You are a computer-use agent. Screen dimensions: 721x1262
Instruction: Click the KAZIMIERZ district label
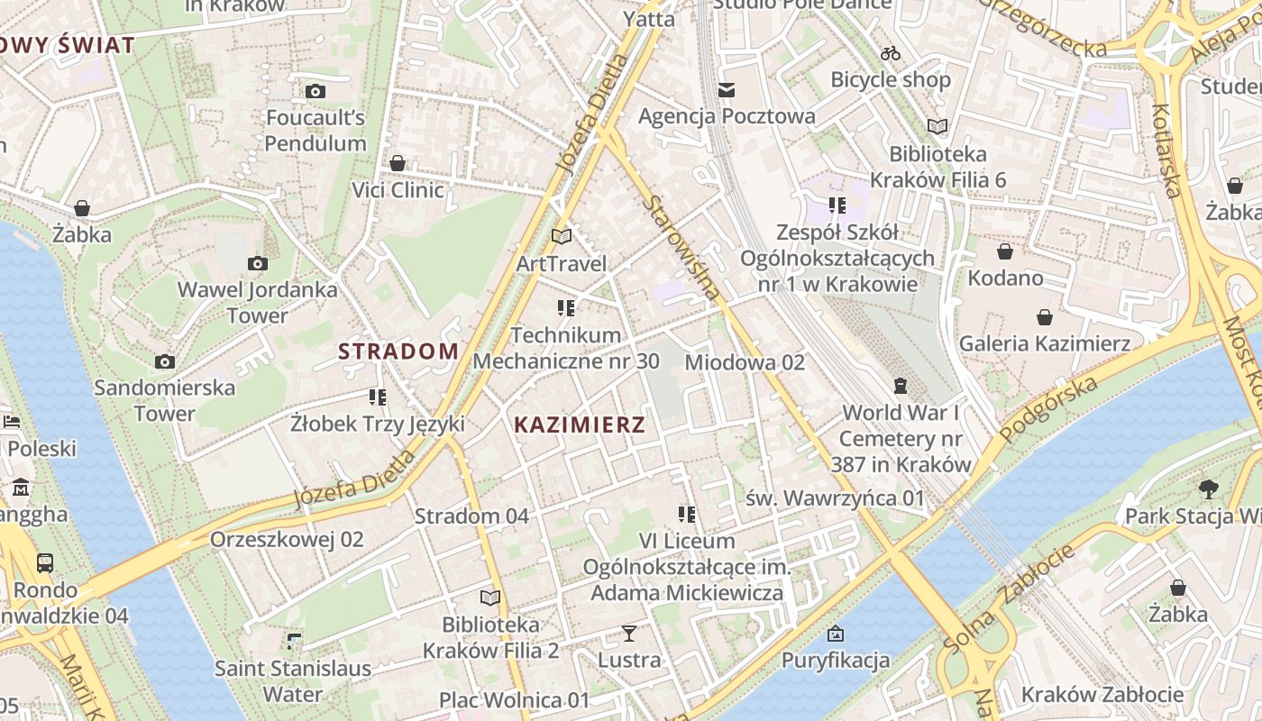580,424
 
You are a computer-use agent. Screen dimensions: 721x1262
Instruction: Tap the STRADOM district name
398,351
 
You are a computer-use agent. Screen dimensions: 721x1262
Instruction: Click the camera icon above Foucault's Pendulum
315,91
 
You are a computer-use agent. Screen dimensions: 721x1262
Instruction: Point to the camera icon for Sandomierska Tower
164,361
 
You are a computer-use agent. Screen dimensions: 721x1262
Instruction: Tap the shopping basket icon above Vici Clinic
397,163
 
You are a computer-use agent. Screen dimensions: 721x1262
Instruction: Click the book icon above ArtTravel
562,237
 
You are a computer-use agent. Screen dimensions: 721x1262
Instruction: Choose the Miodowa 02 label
745,362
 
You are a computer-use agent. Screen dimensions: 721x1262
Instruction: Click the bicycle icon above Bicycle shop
891,53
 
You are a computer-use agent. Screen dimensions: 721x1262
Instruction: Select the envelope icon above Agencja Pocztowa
727,89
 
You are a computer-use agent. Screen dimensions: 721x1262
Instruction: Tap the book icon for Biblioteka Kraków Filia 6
937,127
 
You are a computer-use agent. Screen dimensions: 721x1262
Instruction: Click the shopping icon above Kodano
1005,251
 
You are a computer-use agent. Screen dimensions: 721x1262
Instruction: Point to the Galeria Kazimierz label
1044,343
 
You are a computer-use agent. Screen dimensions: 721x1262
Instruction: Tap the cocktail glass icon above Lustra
629,634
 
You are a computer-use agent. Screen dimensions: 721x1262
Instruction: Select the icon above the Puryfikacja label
835,634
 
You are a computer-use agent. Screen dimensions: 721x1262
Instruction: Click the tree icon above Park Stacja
1209,489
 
